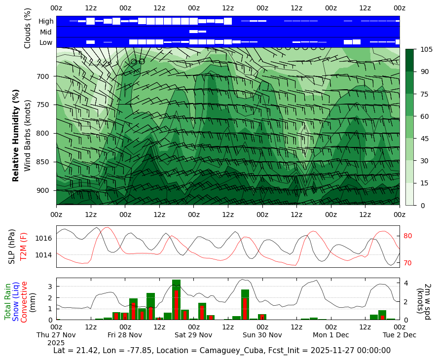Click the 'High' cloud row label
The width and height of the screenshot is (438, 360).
tap(46, 21)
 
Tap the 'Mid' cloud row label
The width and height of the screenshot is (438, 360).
tap(46, 32)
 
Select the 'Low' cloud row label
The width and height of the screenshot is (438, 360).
tap(46, 42)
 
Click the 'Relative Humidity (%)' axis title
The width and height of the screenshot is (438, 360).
tap(16, 135)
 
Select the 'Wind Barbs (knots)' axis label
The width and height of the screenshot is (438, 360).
tap(28, 135)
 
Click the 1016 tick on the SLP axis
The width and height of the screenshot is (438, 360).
tap(44, 238)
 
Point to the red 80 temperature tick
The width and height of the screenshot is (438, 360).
tap(408, 236)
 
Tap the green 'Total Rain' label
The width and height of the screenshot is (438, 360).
tap(8, 301)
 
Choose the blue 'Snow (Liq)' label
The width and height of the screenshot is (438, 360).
tap(16, 301)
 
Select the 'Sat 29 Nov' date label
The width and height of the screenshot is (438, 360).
tap(193, 335)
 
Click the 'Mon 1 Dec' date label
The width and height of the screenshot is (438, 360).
tap(330, 335)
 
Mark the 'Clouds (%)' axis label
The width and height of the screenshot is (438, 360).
tap(28, 28)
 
